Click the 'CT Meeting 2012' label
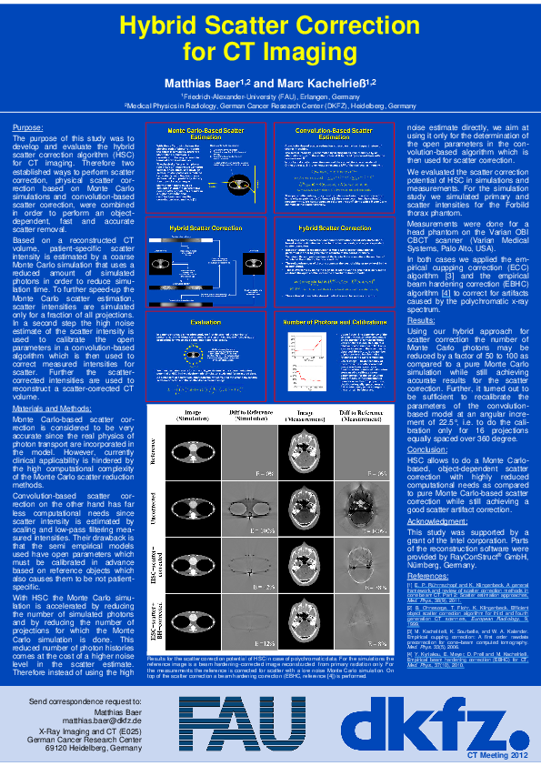click(496, 756)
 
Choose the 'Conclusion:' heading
click(427, 449)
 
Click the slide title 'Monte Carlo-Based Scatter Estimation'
click(205, 133)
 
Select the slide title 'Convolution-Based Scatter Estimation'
click(335, 133)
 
